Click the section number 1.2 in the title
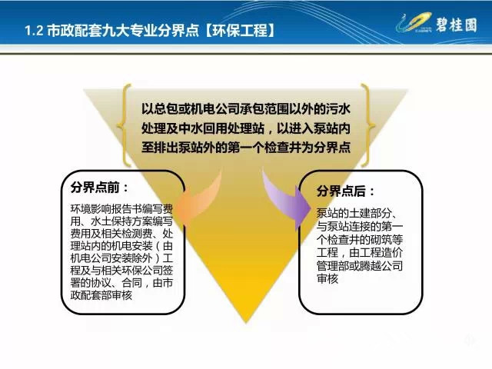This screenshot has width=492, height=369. (x=33, y=31)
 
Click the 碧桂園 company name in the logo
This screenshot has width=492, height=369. (x=457, y=24)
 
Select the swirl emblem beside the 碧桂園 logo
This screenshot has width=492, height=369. (x=414, y=22)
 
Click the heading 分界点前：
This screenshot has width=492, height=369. (x=99, y=188)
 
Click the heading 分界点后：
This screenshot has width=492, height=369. (x=345, y=191)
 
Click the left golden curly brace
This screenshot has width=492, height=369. (x=123, y=125)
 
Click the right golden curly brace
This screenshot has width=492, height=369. (x=368, y=125)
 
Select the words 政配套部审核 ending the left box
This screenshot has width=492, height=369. (x=101, y=295)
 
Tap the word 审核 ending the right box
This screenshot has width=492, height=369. (x=327, y=278)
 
